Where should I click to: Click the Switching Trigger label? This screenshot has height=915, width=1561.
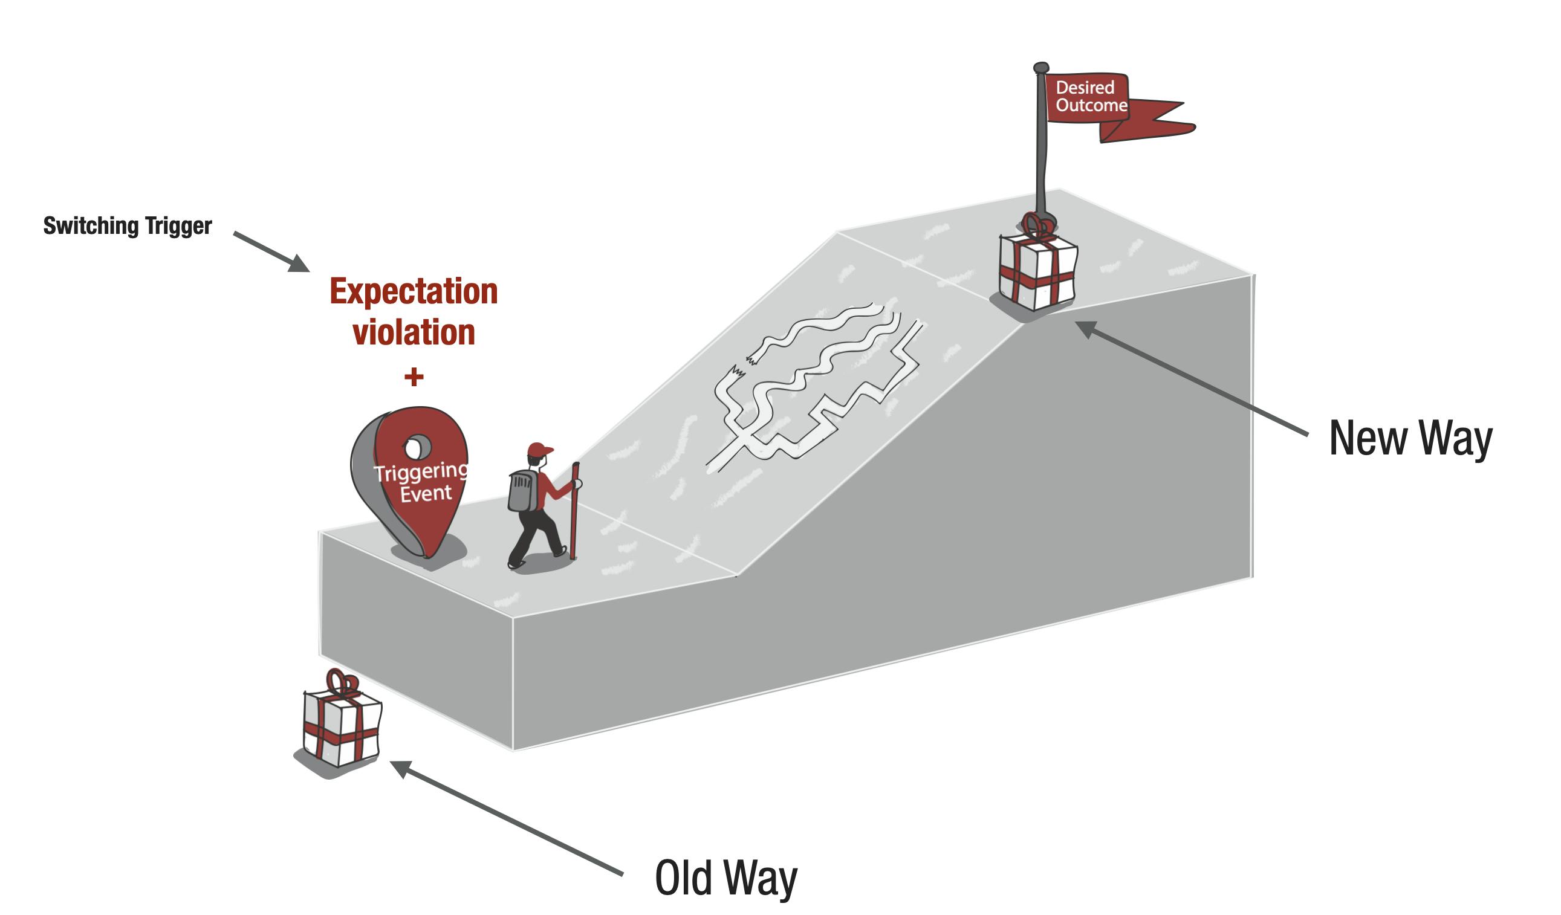click(x=128, y=227)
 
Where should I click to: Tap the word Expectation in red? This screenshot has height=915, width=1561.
click(x=414, y=291)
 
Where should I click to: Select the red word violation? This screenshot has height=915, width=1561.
click(x=414, y=332)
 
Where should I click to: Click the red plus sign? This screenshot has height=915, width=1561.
click(x=414, y=377)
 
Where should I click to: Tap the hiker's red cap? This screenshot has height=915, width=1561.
click(x=540, y=450)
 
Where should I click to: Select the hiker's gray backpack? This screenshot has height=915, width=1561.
click(x=524, y=490)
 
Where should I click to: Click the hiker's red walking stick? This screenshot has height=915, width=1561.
click(x=574, y=511)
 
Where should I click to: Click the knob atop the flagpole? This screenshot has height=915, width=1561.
click(x=1041, y=68)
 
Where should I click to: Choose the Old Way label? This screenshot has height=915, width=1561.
click(x=726, y=879)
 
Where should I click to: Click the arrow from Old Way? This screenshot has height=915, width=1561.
click(x=507, y=818)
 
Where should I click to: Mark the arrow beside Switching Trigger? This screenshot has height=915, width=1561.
click(x=271, y=251)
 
